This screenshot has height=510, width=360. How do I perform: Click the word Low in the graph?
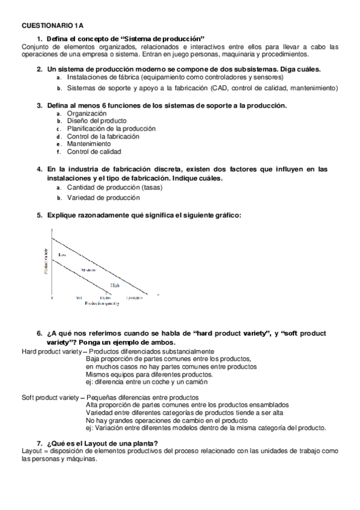(61, 256)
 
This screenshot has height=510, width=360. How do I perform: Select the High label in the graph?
(115, 285)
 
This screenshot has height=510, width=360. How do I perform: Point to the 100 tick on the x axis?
(79, 298)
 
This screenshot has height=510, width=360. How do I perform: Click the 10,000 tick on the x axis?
(105, 298)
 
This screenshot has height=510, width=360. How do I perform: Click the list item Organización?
(87, 113)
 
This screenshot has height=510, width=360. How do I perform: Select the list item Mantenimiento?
(89, 144)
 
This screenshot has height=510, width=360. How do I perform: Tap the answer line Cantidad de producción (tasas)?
(115, 187)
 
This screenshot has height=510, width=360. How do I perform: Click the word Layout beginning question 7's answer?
(31, 451)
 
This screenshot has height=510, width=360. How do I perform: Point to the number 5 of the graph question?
(39, 215)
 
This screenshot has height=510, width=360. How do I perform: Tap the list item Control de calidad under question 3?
(94, 152)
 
